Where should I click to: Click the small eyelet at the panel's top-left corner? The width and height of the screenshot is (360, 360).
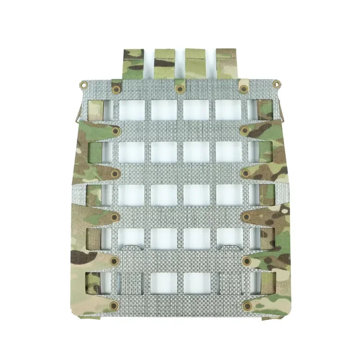(83, 83)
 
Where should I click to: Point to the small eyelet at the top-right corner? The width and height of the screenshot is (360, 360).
(276, 83)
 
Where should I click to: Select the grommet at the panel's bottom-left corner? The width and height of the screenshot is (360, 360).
(113, 306)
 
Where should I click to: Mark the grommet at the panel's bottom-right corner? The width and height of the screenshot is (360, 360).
(247, 306)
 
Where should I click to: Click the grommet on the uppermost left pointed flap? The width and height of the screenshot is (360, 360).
(116, 131)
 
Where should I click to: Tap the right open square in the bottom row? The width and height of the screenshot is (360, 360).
(197, 282)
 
